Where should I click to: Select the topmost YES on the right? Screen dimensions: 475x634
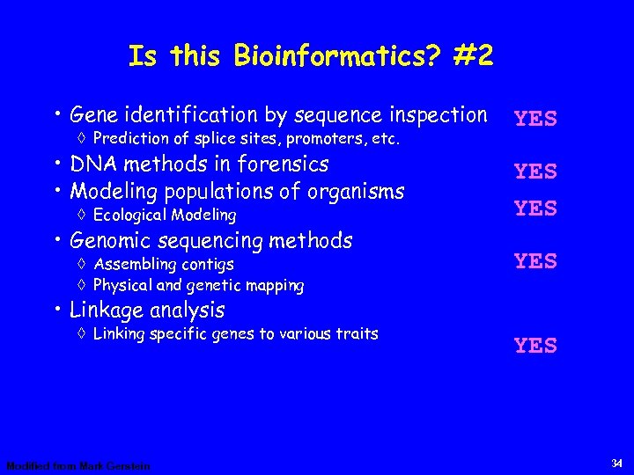(x=535, y=119)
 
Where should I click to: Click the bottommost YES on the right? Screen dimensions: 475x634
(x=535, y=346)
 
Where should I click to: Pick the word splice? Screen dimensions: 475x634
(x=224, y=139)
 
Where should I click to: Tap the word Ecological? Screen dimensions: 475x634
(x=130, y=215)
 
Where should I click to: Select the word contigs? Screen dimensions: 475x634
(x=208, y=264)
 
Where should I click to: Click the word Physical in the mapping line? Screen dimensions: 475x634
(x=122, y=285)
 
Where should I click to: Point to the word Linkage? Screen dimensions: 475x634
(x=107, y=311)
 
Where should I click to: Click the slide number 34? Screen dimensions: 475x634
(x=617, y=464)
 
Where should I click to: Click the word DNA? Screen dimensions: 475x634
(x=92, y=164)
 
